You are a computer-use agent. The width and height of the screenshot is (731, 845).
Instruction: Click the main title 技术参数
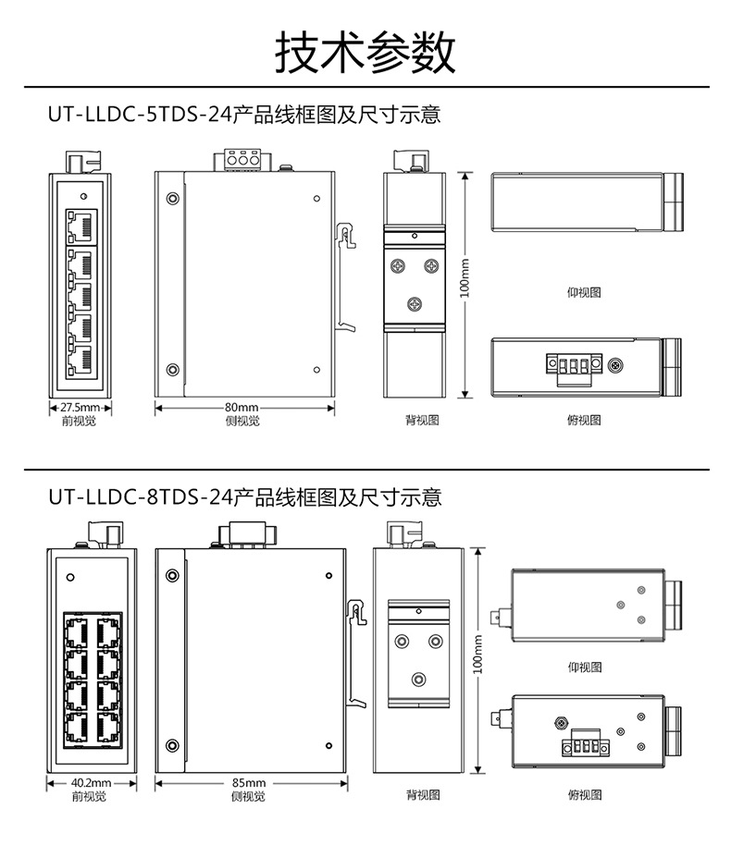point(365,52)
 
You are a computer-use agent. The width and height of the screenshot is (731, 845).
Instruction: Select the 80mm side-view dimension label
point(242,407)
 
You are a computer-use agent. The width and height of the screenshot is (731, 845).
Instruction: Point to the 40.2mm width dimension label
point(91,782)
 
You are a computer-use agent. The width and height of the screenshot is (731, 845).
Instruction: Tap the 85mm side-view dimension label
point(249,782)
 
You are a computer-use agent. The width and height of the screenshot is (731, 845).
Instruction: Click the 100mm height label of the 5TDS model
point(465,277)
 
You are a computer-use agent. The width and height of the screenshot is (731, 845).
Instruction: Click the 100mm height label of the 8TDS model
point(478,655)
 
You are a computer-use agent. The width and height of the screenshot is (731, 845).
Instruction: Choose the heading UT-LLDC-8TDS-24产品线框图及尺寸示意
point(245,497)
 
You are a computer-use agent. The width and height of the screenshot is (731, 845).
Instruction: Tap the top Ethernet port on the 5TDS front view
point(80,223)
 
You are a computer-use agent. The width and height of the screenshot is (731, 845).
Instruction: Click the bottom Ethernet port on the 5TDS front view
point(80,360)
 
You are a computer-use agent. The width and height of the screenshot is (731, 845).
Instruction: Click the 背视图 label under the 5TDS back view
point(421,421)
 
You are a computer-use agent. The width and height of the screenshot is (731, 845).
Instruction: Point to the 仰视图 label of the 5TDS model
point(584,292)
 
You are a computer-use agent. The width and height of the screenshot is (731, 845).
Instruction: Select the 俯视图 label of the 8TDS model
point(584,795)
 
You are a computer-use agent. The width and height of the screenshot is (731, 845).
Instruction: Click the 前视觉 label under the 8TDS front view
point(91,795)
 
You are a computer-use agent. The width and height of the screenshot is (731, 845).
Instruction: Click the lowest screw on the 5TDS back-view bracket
point(415,301)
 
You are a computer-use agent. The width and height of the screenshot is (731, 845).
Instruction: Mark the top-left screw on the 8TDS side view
point(171,576)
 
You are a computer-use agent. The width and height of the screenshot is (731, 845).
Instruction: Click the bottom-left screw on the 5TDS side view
point(172,370)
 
